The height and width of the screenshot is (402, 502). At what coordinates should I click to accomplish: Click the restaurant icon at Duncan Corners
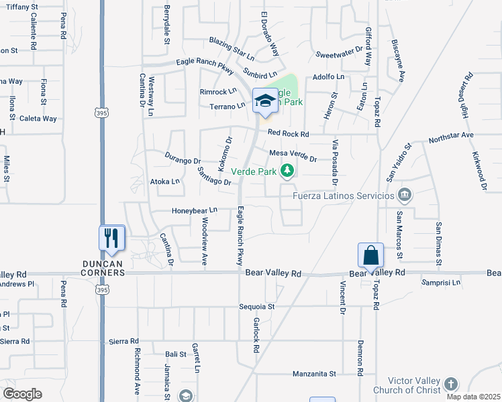112,238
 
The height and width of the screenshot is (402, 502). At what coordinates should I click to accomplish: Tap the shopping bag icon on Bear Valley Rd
370,255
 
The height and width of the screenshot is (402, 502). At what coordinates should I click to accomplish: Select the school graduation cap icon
264,101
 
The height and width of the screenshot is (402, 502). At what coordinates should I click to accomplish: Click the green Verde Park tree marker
287,171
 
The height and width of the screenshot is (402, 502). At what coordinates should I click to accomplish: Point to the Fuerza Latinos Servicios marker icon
404,196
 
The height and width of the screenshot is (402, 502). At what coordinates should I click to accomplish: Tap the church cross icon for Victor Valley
451,384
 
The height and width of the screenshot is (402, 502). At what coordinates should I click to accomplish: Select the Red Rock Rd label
288,134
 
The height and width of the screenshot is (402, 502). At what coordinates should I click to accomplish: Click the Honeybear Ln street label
195,210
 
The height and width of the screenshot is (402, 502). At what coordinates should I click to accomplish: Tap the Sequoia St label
257,306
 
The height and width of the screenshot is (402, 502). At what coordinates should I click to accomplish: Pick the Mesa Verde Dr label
293,155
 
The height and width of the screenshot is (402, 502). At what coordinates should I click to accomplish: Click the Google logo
22,394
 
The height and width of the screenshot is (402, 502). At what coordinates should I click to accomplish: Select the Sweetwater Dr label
339,52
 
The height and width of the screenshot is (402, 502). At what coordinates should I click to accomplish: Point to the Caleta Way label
38,119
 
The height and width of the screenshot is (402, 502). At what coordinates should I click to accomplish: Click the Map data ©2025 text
472,397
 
